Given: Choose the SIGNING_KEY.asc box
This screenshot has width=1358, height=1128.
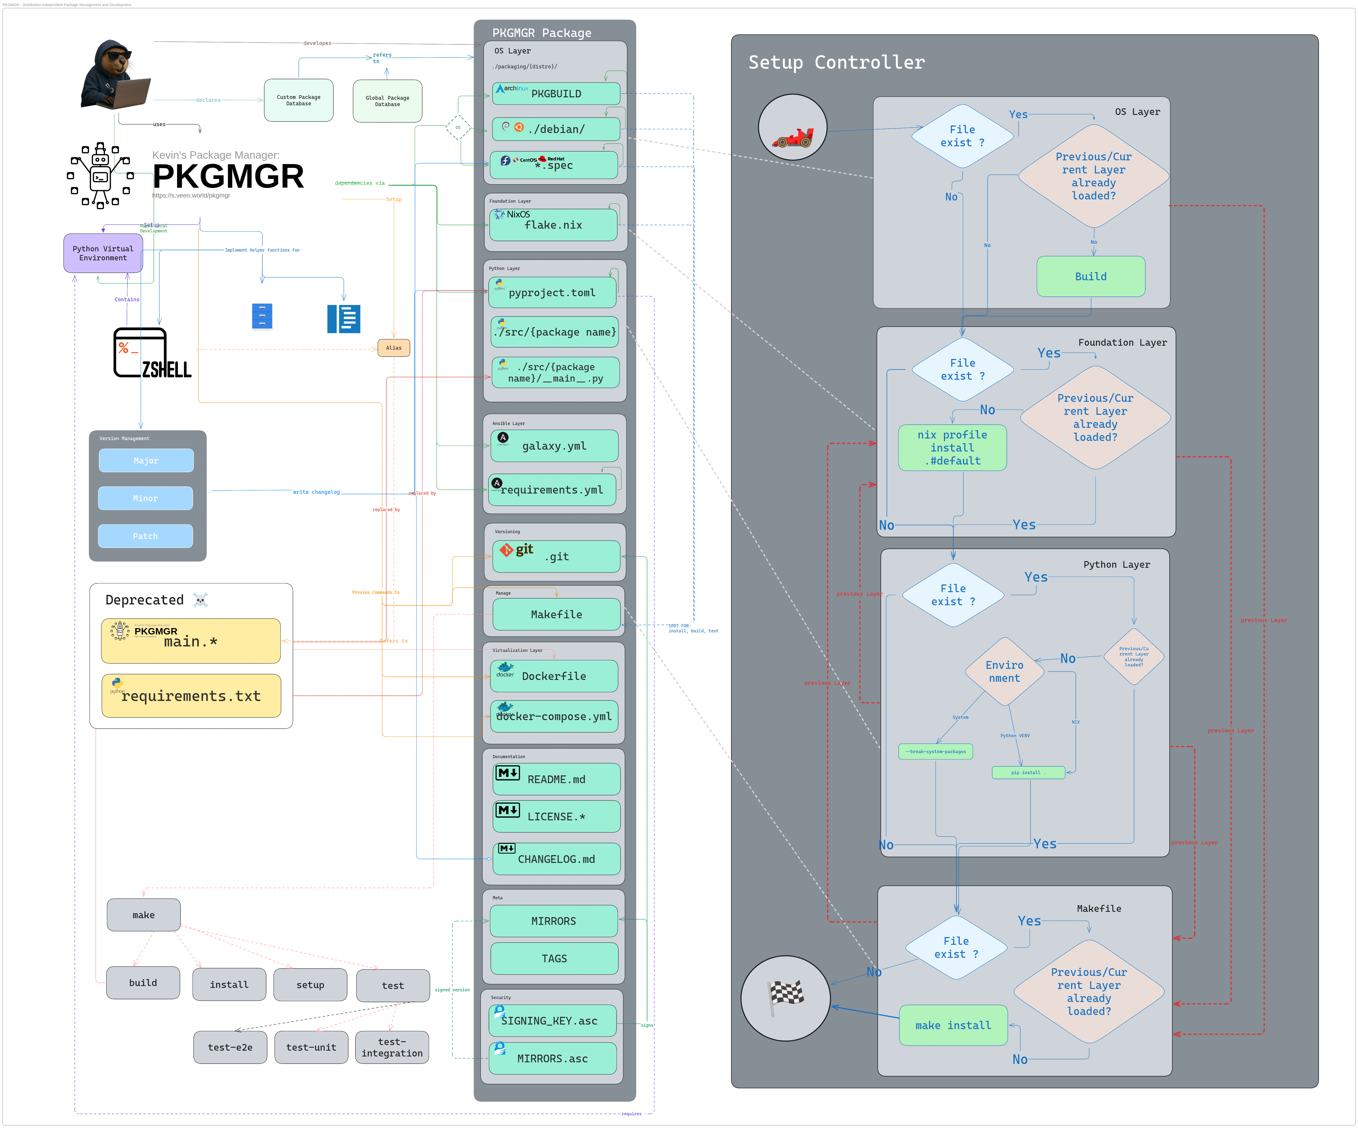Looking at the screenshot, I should tap(552, 1021).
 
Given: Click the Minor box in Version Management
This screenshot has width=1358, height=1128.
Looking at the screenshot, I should tap(145, 498).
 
